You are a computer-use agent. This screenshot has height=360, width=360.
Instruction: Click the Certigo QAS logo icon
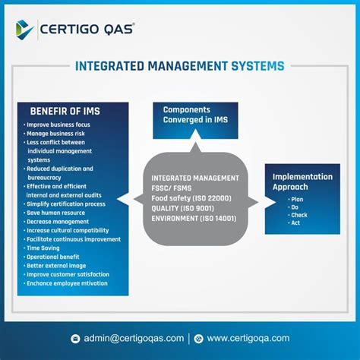point(25,29)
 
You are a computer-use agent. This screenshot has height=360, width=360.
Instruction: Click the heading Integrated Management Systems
point(180,66)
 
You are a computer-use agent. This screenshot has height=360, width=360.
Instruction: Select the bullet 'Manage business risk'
point(57,133)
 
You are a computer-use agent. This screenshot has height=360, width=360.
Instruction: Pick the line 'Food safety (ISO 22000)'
point(191,198)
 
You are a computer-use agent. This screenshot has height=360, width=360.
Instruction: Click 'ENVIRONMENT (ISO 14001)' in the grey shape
point(194,218)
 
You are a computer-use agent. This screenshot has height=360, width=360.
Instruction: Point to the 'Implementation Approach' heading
point(302,182)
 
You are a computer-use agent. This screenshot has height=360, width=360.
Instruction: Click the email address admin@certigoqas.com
point(133,338)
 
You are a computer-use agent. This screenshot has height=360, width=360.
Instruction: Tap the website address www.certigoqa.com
point(248,338)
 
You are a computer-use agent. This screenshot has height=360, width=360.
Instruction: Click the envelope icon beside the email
point(75,339)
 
